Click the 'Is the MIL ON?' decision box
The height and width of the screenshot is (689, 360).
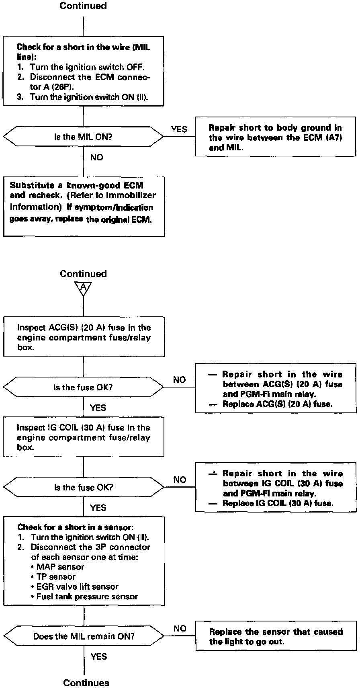pyautogui.click(x=83, y=137)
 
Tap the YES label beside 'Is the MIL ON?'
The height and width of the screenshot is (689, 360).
pyautogui.click(x=179, y=129)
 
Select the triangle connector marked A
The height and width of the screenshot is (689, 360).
pyautogui.click(x=83, y=287)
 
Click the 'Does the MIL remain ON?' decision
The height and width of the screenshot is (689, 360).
pyautogui.click(x=84, y=636)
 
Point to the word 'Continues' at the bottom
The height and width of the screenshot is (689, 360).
pyautogui.click(x=86, y=683)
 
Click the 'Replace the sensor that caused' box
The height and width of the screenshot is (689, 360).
pyautogui.click(x=276, y=636)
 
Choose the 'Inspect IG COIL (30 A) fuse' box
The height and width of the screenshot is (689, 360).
pyautogui.click(x=84, y=437)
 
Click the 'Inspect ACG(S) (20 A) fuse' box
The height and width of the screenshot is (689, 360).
pyautogui.click(x=84, y=337)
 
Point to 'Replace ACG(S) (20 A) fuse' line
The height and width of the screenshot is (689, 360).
pyautogui.click(x=277, y=404)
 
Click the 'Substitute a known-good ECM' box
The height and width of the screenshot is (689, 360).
pyautogui.click(x=84, y=206)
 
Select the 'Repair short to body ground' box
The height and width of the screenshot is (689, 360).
pyautogui.click(x=275, y=137)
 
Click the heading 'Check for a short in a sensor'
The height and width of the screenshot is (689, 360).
pyautogui.click(x=75, y=527)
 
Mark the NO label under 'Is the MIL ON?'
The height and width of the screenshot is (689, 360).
pyautogui.click(x=96, y=158)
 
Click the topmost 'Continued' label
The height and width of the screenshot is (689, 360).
pyautogui.click(x=83, y=6)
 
